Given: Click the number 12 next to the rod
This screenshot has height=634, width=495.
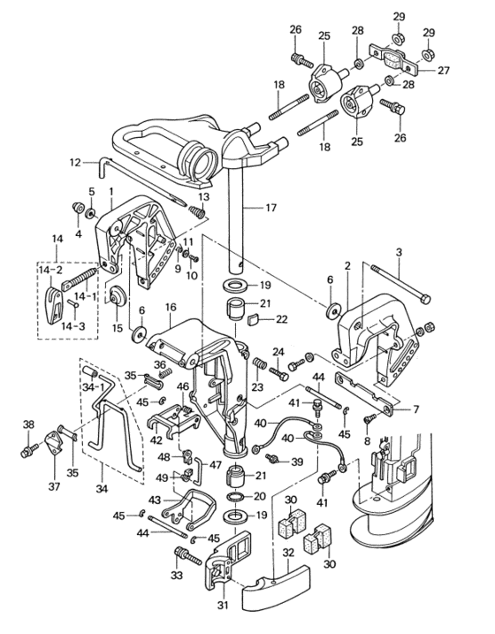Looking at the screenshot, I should coord(75,163).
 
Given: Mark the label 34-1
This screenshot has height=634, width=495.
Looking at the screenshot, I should coord(93,386).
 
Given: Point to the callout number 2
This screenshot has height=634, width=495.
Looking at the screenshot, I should coord(347,265).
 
